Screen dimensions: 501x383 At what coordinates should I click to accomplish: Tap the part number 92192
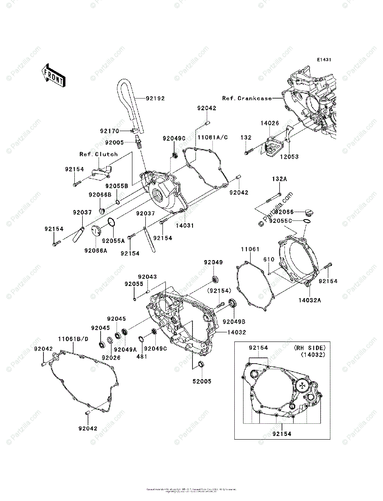[x=155, y=99]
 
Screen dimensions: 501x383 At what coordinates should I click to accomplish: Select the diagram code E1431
[x=324, y=60]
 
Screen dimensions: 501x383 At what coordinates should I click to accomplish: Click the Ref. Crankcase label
[x=246, y=99]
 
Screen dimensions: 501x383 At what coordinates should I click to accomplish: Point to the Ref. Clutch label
[x=99, y=154]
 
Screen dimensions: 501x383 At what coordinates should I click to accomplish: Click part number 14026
[x=270, y=124]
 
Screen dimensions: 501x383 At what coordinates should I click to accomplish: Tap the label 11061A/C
[x=213, y=137]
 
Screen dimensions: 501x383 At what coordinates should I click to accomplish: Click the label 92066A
[x=96, y=250]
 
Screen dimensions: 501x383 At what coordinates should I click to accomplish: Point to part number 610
[x=269, y=260]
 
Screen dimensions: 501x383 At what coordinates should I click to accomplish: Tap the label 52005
[x=202, y=381]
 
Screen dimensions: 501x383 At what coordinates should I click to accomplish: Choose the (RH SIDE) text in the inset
[x=309, y=347]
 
